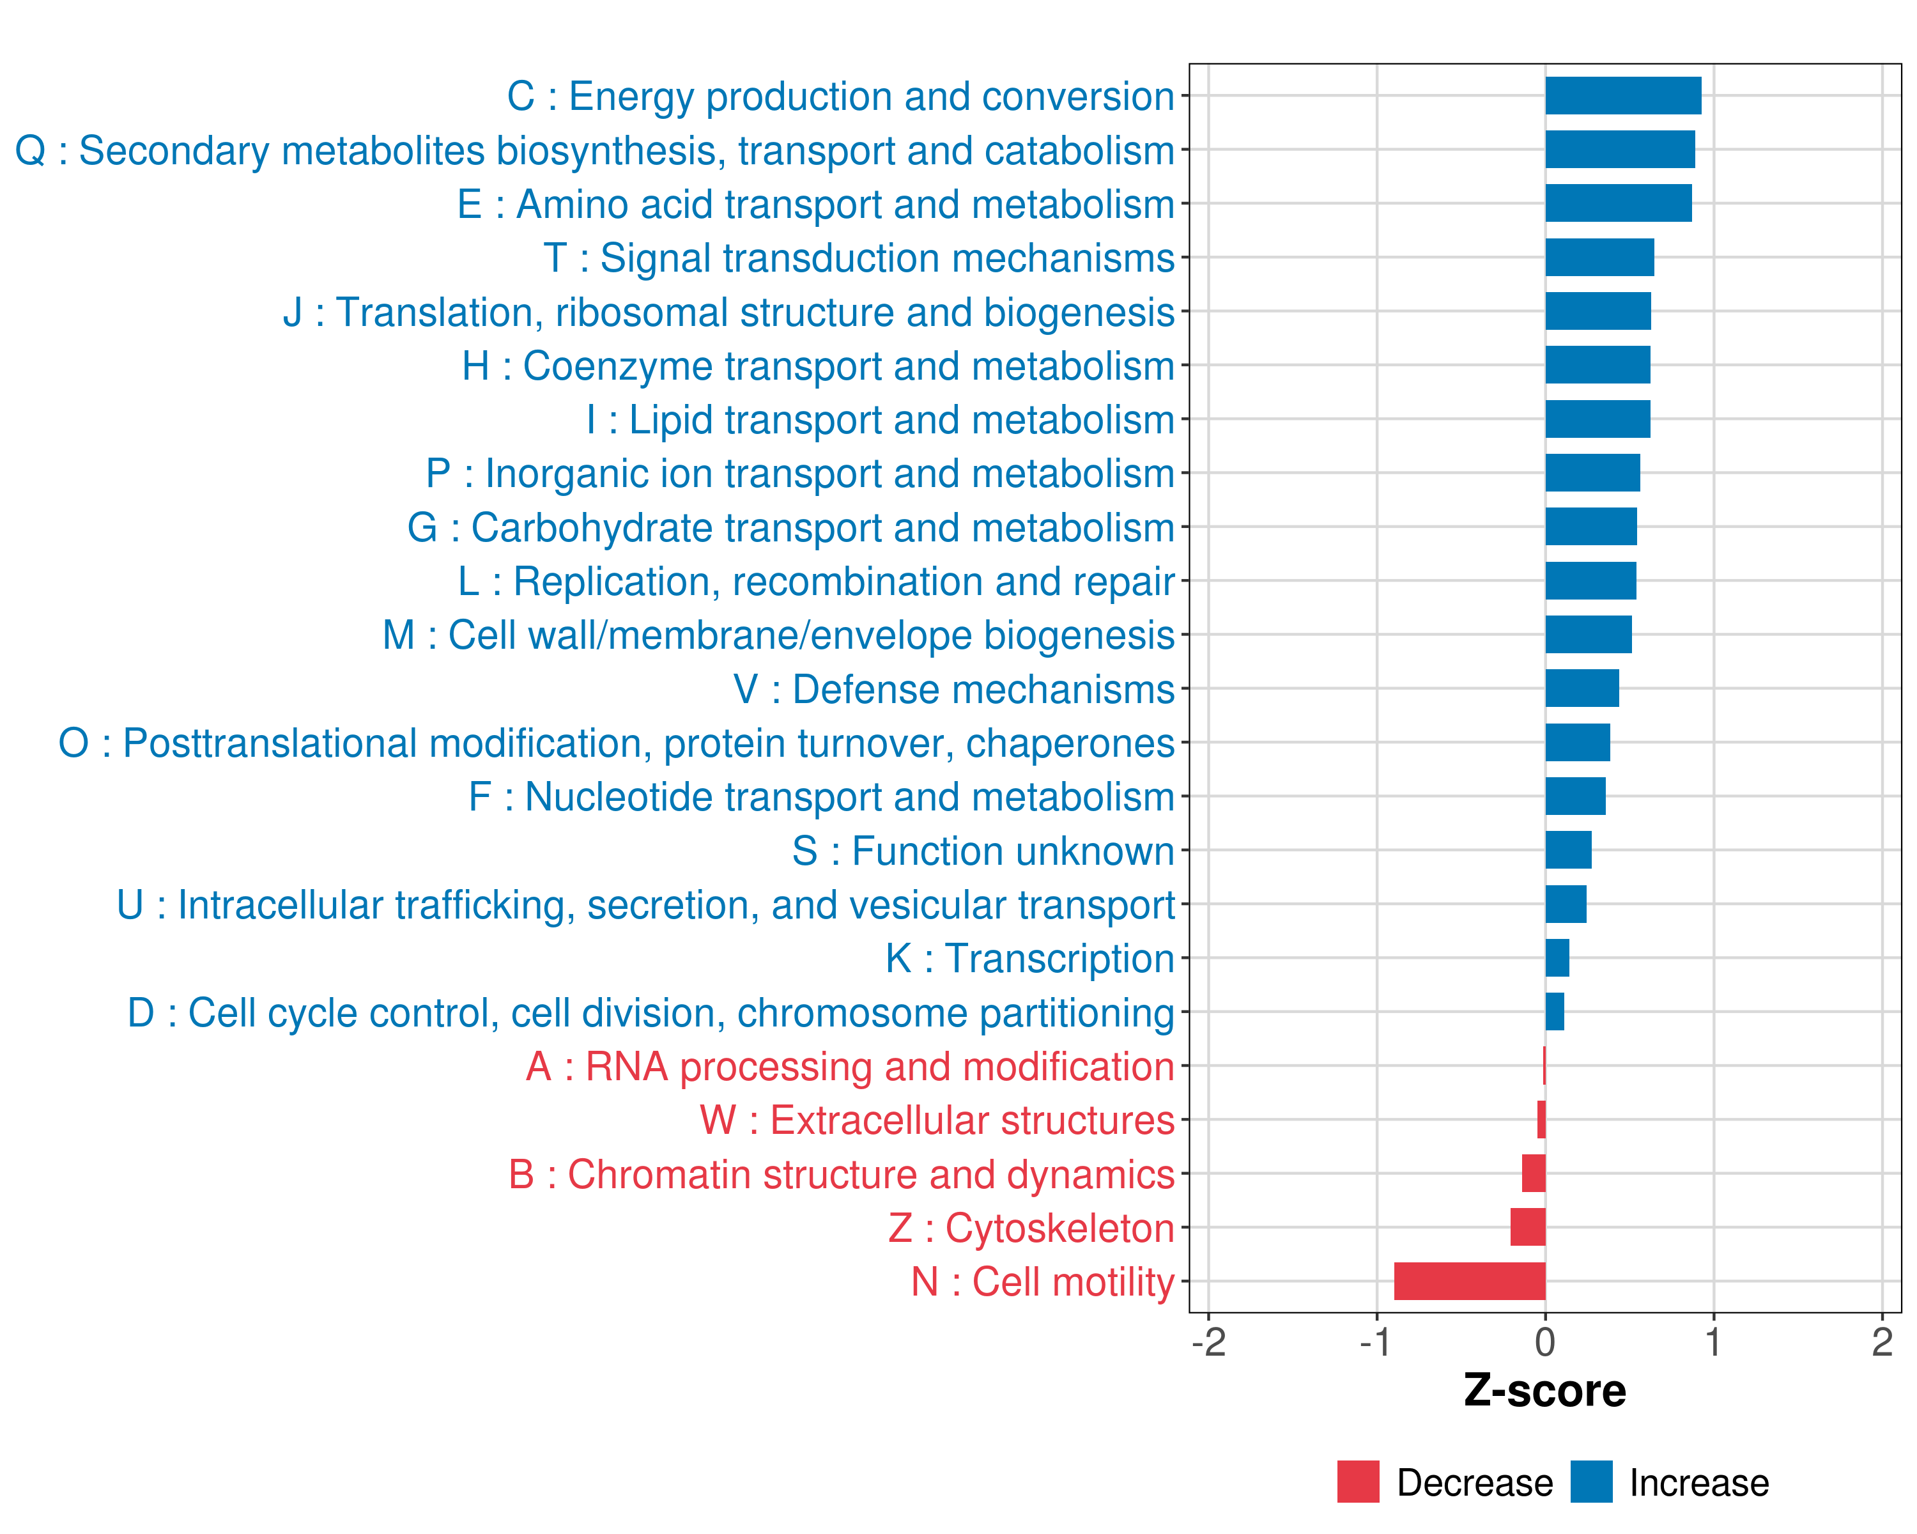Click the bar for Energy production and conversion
click(1622, 96)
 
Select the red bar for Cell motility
click(1470, 1282)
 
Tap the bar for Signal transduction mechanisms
click(1599, 258)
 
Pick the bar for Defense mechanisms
click(1582, 688)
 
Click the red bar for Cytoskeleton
click(1528, 1227)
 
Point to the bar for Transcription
click(1557, 957)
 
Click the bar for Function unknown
click(1569, 850)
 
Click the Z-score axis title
click(1544, 1391)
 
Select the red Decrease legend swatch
click(1358, 1482)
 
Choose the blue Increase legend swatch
click(1590, 1482)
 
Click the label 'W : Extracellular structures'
click(937, 1120)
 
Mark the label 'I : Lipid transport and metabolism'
click(881, 420)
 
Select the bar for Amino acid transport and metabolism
click(1618, 204)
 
